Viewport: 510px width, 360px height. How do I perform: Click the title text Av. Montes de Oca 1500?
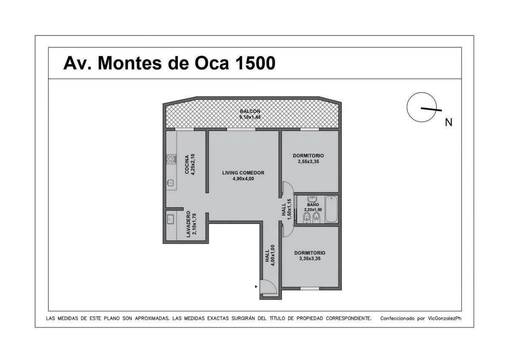[169, 63]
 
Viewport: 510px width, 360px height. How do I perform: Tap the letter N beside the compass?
[448, 122]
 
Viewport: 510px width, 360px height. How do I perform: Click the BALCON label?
[250, 111]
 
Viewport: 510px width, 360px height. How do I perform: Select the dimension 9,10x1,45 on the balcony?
[250, 117]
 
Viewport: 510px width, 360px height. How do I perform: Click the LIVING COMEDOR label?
[243, 173]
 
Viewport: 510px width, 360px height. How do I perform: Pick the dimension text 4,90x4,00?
[243, 179]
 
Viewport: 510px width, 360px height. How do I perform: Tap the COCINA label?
[187, 164]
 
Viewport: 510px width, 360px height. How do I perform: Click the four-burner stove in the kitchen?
[171, 159]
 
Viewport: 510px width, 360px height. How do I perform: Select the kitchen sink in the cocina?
[170, 182]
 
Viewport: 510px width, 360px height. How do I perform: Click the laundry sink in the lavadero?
[170, 219]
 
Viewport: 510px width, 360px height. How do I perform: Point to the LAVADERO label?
[188, 224]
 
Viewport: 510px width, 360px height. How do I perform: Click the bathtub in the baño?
[331, 209]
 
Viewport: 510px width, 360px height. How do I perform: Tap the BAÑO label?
[313, 205]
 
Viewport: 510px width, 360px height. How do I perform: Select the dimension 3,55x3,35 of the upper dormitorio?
[308, 162]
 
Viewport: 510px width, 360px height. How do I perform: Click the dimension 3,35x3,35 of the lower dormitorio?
[310, 258]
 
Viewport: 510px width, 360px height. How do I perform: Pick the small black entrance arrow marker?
[256, 286]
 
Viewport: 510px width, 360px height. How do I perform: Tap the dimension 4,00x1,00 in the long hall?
[273, 255]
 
